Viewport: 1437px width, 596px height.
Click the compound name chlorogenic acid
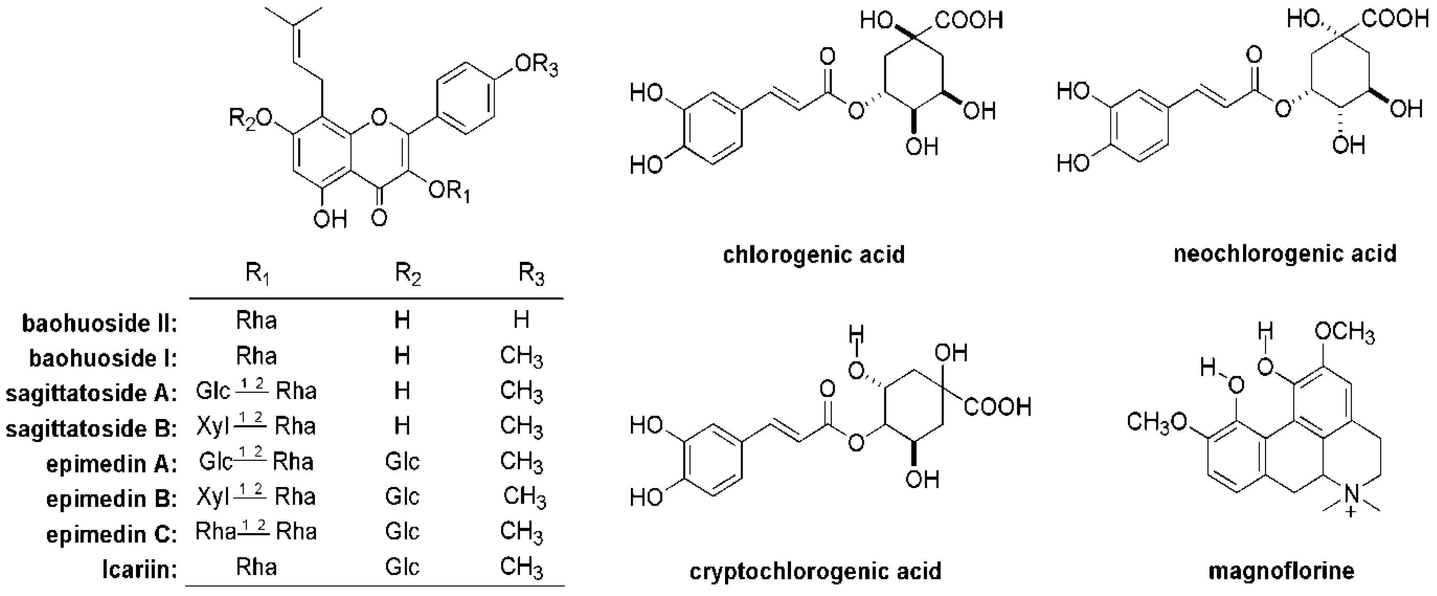pos(813,255)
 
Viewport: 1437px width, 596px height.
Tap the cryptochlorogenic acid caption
pos(816,571)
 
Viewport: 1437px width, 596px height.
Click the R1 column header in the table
pos(257,274)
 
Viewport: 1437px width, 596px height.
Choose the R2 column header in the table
pos(408,274)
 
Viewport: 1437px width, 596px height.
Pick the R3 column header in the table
pos(531,274)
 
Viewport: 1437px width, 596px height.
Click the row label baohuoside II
pos(99,323)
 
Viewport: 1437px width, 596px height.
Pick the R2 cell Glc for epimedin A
pos(402,462)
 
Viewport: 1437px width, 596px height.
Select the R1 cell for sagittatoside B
pos(256,426)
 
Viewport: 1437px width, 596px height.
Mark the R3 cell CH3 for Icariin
pos(521,568)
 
